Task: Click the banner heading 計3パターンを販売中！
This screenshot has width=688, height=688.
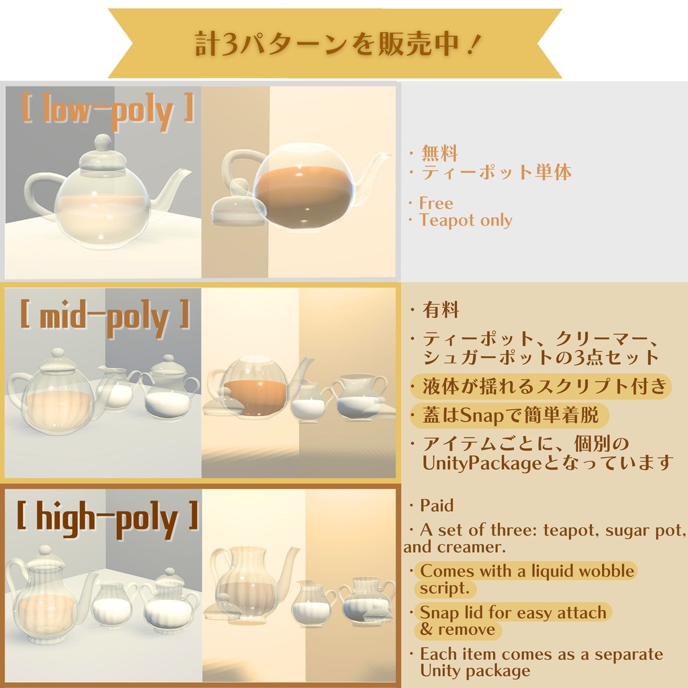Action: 334,44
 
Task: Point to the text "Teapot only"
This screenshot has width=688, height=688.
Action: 466,220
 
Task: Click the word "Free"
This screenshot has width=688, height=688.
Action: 436,203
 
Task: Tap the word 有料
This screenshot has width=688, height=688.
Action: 441,310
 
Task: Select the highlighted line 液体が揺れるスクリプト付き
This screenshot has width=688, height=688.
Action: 544,386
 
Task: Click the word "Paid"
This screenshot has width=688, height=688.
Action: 437,505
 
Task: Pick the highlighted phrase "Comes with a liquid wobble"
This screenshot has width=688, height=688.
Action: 527,572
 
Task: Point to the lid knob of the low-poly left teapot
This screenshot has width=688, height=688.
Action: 102,142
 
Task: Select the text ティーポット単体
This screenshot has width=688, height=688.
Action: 497,173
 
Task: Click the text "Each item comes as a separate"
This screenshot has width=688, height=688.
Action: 541,654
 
